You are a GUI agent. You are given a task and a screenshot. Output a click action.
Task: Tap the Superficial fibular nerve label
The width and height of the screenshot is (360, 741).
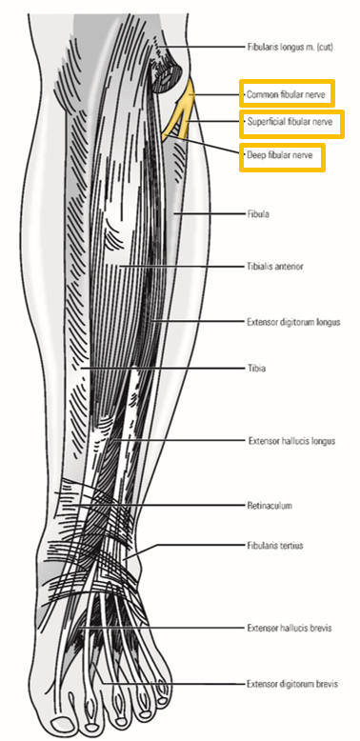[x=289, y=124]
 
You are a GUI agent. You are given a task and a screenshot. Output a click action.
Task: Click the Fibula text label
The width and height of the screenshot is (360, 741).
[x=257, y=214]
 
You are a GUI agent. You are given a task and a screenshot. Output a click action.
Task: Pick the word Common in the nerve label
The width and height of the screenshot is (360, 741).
[x=261, y=94]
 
